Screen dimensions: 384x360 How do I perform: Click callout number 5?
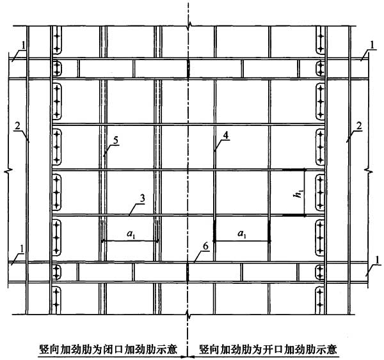[x=116, y=141]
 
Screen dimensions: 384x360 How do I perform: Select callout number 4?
[x=226, y=135]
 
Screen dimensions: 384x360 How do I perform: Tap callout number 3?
[x=142, y=198]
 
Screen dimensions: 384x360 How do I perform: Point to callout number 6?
[x=205, y=246]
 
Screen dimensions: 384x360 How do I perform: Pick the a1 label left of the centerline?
[x=131, y=234]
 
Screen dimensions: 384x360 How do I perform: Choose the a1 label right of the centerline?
[x=241, y=234]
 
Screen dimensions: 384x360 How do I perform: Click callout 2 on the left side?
[x=17, y=126]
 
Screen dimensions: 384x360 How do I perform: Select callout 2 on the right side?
[x=358, y=126]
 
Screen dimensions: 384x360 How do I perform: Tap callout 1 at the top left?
[x=23, y=45]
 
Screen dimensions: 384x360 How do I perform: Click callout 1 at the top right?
[x=372, y=45]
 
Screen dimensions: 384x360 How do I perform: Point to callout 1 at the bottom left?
[x=22, y=249]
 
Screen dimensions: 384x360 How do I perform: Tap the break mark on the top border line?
[x=188, y=26]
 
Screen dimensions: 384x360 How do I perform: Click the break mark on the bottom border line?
[x=188, y=315]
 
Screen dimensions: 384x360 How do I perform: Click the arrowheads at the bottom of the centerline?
[x=188, y=357]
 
